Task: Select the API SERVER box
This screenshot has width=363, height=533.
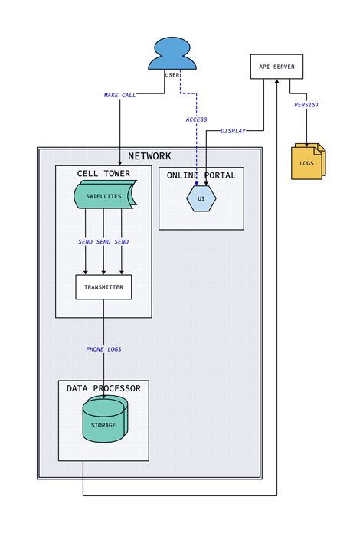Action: pyautogui.click(x=277, y=67)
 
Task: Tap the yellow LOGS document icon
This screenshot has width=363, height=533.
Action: pyautogui.click(x=308, y=162)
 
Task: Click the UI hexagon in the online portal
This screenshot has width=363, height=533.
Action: pyautogui.click(x=201, y=198)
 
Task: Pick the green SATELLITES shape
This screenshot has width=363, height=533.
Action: pyautogui.click(x=104, y=196)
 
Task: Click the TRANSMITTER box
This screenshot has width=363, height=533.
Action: pyautogui.click(x=103, y=287)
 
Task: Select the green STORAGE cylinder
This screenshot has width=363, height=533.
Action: pyautogui.click(x=103, y=424)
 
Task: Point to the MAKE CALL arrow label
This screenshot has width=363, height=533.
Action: pyautogui.click(x=120, y=96)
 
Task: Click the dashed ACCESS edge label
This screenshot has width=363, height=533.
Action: pyautogui.click(x=196, y=119)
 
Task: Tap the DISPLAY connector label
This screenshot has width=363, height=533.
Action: pyautogui.click(x=234, y=131)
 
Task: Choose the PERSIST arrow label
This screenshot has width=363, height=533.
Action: pyautogui.click(x=306, y=105)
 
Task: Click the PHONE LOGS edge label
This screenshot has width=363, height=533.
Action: pyautogui.click(x=103, y=349)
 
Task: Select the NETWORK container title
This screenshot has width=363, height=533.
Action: pyautogui.click(x=149, y=156)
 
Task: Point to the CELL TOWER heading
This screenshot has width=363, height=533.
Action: pyautogui.click(x=103, y=174)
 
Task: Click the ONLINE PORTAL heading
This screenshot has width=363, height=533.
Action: pyautogui.click(x=201, y=175)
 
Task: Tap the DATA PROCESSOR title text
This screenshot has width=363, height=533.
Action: pyautogui.click(x=103, y=388)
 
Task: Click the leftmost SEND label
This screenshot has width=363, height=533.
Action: pyautogui.click(x=86, y=242)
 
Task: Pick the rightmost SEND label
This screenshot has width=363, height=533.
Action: pyautogui.click(x=122, y=242)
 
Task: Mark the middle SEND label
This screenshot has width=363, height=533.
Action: pyautogui.click(x=103, y=242)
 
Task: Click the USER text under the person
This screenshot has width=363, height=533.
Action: pyautogui.click(x=172, y=75)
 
